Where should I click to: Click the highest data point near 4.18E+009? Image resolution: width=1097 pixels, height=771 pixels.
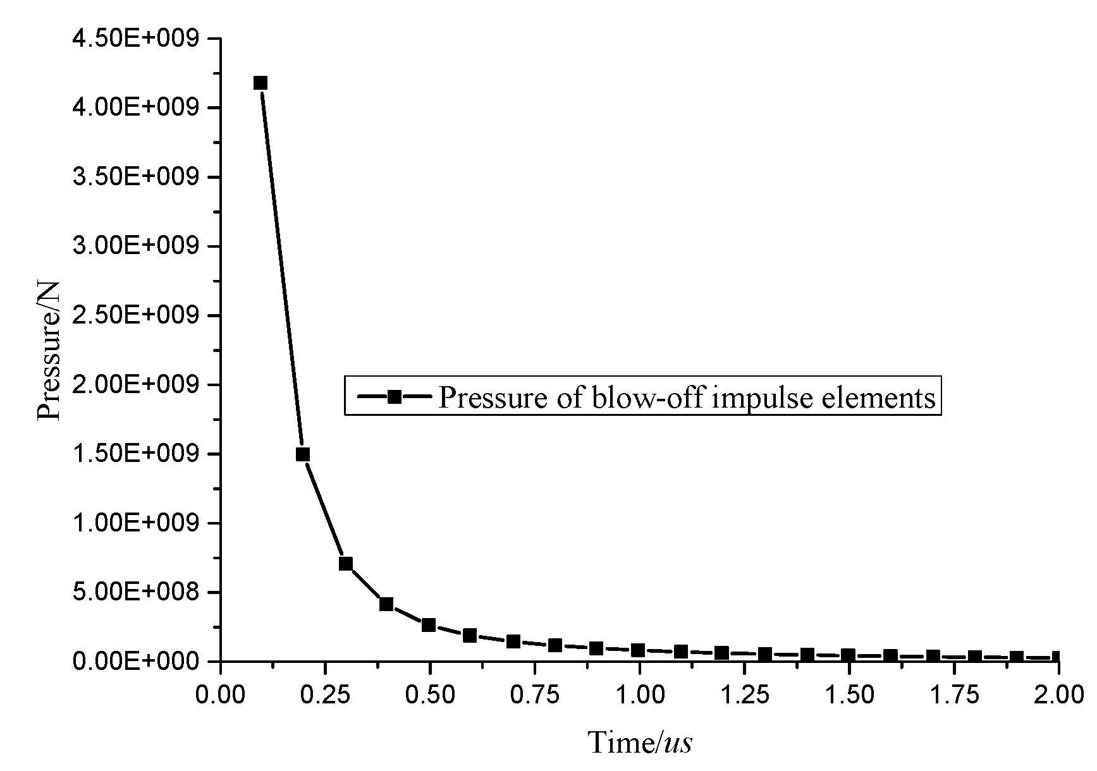point(260,83)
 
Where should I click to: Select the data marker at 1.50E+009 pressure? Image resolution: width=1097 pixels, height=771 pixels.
point(303,454)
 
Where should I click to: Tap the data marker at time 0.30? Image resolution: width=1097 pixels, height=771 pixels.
point(345,564)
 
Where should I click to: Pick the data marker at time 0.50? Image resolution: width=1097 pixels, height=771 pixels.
point(429,625)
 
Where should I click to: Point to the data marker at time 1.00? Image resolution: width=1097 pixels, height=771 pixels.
point(638,650)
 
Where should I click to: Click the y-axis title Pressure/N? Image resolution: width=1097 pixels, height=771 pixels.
point(49,350)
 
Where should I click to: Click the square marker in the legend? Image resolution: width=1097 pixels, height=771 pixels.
point(394,396)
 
